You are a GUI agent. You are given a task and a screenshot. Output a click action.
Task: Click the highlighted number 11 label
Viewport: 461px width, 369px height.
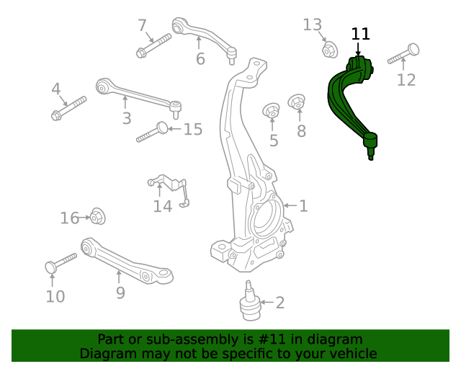pos(360,34)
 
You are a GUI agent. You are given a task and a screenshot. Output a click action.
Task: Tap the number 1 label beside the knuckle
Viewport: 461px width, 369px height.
pos(303,206)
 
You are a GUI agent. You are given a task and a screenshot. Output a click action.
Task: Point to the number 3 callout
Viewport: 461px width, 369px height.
pos(127,118)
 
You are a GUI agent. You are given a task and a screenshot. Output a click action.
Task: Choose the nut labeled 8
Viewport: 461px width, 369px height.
pos(297,103)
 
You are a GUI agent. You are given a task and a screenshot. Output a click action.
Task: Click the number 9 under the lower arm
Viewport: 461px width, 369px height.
pos(120,293)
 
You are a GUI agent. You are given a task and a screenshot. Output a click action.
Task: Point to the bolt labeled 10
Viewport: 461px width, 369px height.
pos(61,262)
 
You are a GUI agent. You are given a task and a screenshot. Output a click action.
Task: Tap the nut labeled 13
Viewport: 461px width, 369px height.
pos(329,50)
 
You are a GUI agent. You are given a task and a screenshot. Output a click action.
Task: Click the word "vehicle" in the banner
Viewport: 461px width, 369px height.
pos(352,354)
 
